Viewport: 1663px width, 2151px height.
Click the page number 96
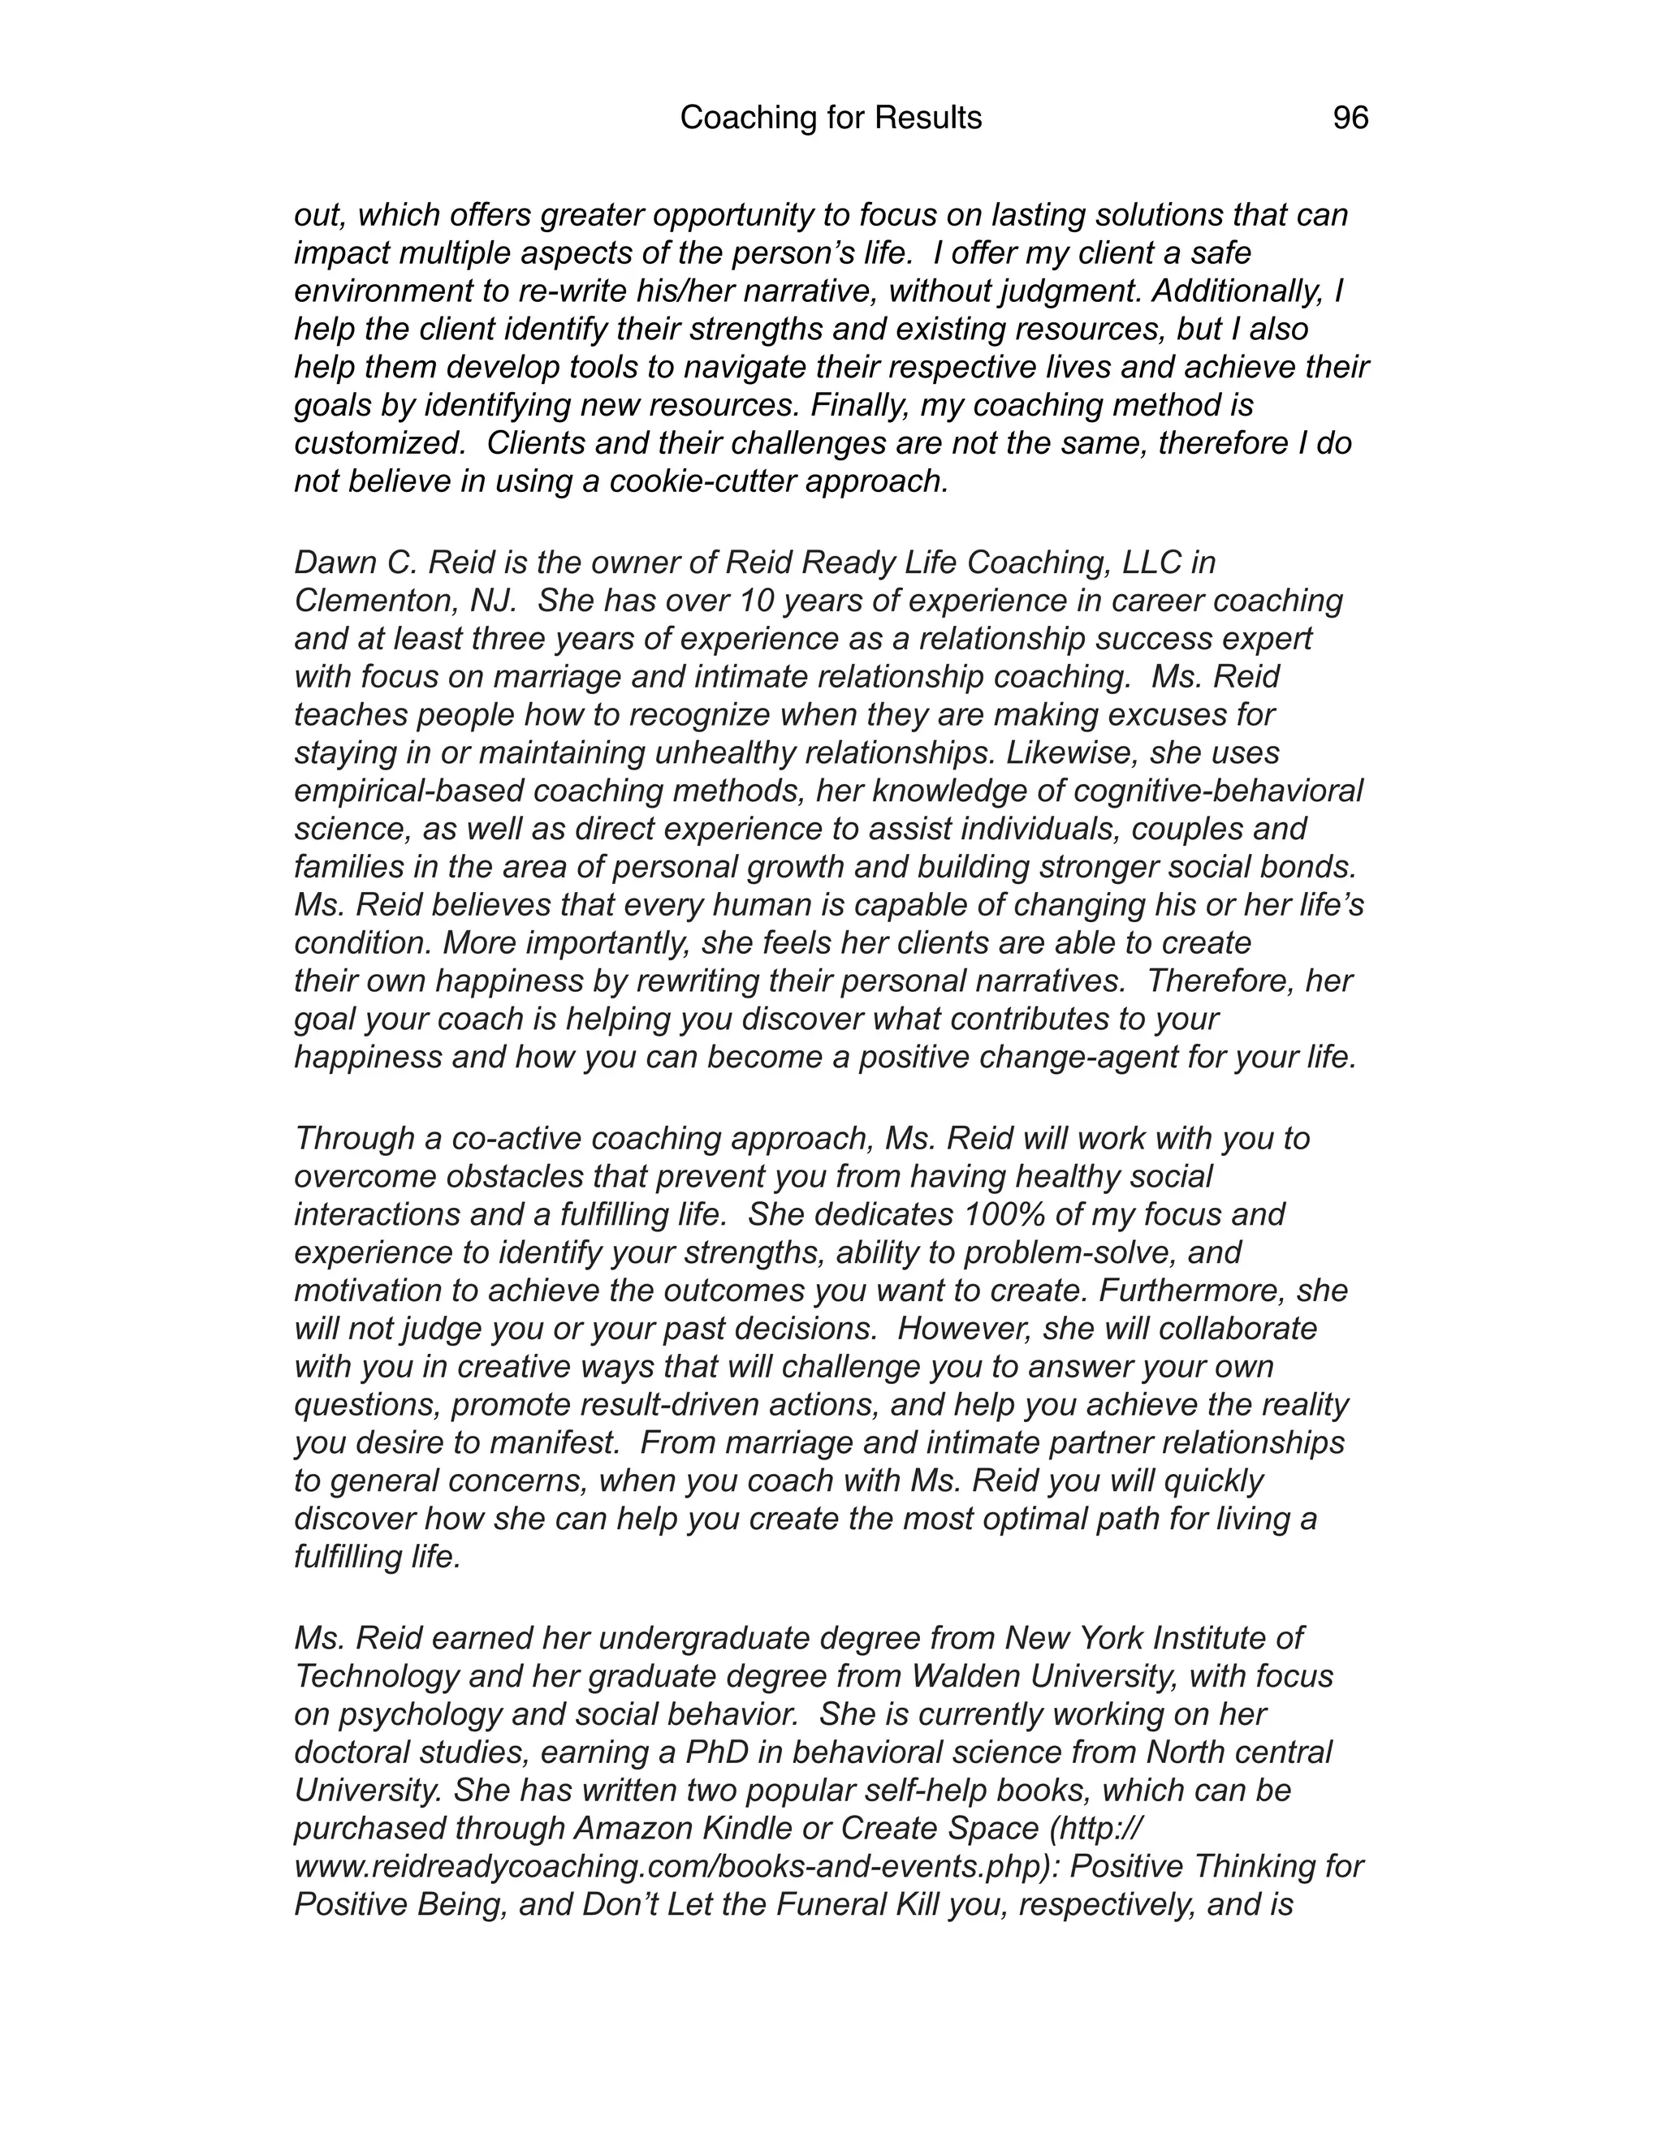coord(1350,119)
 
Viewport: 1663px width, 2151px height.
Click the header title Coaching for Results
coord(831,119)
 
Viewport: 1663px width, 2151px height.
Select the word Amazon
coord(633,1828)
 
